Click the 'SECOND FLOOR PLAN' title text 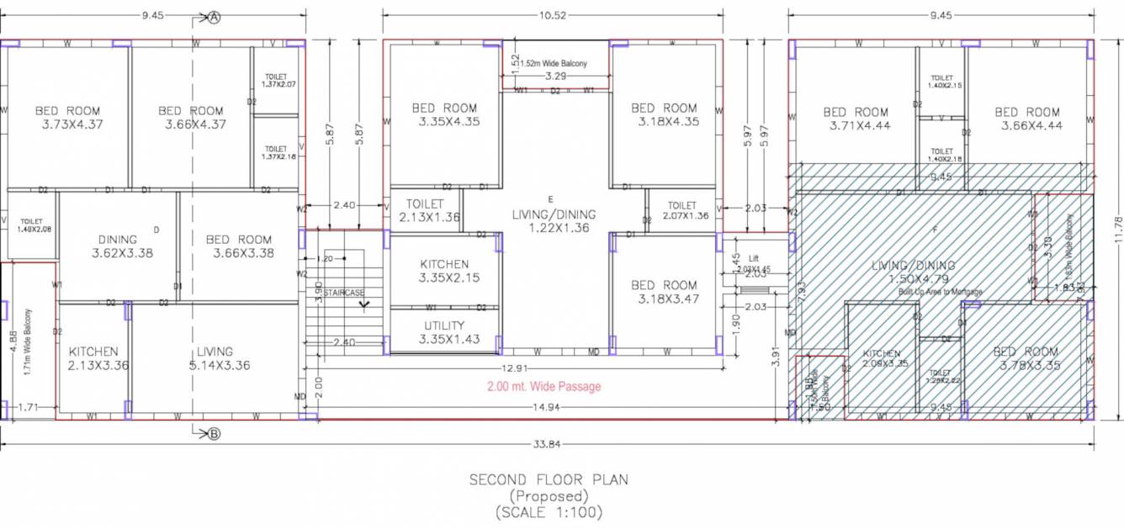pyautogui.click(x=549, y=480)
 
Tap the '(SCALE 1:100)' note pyautogui.click(x=549, y=511)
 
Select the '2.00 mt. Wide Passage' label pyautogui.click(x=543, y=387)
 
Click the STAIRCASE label pyautogui.click(x=344, y=293)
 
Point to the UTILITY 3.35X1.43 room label pyautogui.click(x=444, y=332)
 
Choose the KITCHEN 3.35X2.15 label pyautogui.click(x=444, y=271)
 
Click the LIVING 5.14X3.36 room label pyautogui.click(x=215, y=358)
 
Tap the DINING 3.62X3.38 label pyautogui.click(x=122, y=246)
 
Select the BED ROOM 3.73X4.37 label pyautogui.click(x=67, y=117)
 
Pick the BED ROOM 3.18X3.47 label pyautogui.click(x=664, y=292)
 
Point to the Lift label pyautogui.click(x=754, y=259)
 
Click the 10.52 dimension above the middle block pyautogui.click(x=553, y=14)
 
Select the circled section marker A pyautogui.click(x=214, y=17)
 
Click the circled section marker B pyautogui.click(x=214, y=434)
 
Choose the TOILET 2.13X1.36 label pyautogui.click(x=425, y=210)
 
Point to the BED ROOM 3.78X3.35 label pyautogui.click(x=1026, y=358)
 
